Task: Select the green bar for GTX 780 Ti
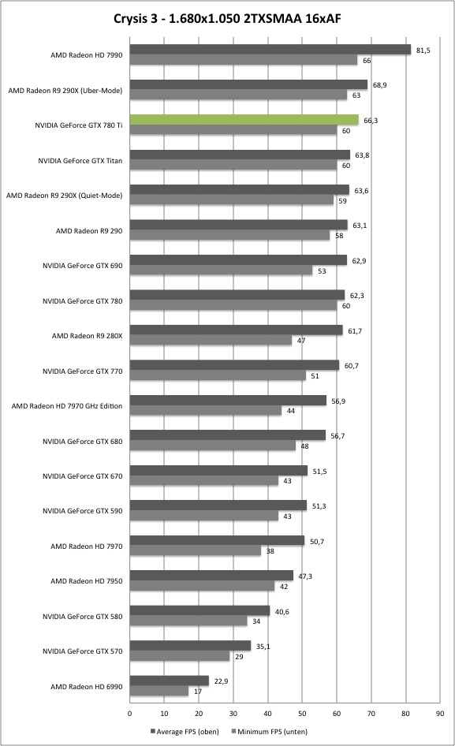point(244,119)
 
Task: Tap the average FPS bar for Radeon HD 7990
point(270,50)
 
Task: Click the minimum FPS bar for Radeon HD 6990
point(159,691)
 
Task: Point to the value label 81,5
point(423,50)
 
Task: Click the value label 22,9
point(221,681)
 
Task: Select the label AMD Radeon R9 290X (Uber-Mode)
point(65,91)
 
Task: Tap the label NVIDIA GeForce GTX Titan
point(80,161)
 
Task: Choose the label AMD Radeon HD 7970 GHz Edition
point(67,406)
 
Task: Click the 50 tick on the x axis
point(302,713)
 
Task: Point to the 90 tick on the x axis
point(440,713)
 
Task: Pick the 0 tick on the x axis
point(130,713)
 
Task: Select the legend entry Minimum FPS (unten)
point(270,731)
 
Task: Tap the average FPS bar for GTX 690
point(238,259)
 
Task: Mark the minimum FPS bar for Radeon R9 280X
point(211,340)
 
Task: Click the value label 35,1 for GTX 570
point(263,647)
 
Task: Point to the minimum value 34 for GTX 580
point(256,621)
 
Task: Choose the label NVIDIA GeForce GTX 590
point(82,511)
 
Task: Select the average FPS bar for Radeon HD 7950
point(211,575)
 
